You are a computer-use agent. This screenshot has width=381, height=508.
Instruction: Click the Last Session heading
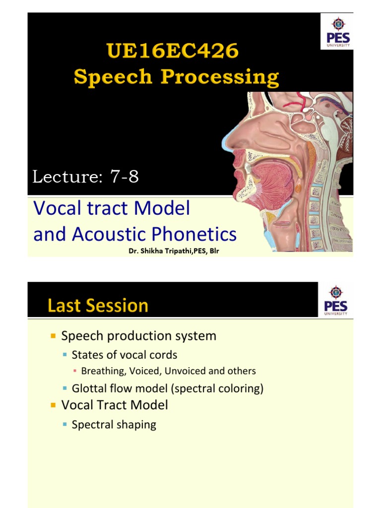pyautogui.click(x=98, y=306)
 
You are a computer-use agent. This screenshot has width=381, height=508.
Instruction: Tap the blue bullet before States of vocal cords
pyautogui.click(x=65, y=355)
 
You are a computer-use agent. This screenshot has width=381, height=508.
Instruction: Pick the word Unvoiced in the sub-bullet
pyautogui.click(x=186, y=371)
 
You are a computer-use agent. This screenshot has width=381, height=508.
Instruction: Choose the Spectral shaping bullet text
pyautogui.click(x=114, y=425)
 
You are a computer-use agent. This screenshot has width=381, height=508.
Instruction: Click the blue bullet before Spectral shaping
pyautogui.click(x=65, y=425)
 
